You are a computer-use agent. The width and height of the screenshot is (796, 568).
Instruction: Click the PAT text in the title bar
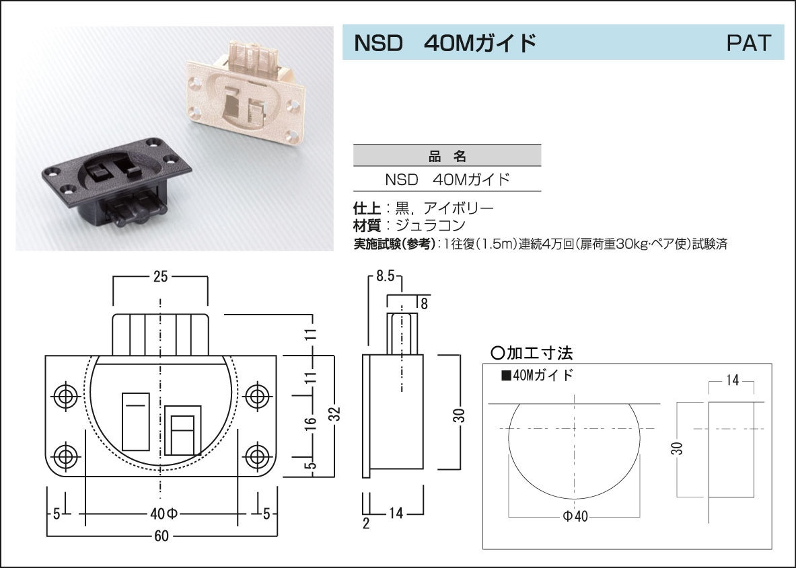pyautogui.click(x=748, y=44)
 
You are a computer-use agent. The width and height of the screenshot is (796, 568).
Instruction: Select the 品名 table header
pyautogui.click(x=447, y=156)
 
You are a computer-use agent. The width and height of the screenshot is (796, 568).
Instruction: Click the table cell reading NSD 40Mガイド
pyautogui.click(x=447, y=180)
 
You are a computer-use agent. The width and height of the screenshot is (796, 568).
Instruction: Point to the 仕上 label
pyautogui.click(x=367, y=208)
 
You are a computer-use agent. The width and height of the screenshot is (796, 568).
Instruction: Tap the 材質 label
pyautogui.click(x=367, y=225)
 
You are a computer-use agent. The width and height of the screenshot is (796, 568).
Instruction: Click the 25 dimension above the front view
pyautogui.click(x=160, y=276)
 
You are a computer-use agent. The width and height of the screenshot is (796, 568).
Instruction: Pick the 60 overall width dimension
pyautogui.click(x=161, y=536)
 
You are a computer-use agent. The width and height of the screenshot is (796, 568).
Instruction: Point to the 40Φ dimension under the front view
pyautogui.click(x=161, y=514)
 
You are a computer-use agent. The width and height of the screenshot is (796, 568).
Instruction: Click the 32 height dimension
pyautogui.click(x=337, y=415)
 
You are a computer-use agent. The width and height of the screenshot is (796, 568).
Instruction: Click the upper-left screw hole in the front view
pyautogui.click(x=66, y=396)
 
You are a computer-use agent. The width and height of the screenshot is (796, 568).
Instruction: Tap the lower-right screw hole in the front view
pyautogui.click(x=256, y=456)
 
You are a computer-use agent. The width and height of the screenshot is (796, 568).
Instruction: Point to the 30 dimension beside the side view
pyautogui.click(x=459, y=415)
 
